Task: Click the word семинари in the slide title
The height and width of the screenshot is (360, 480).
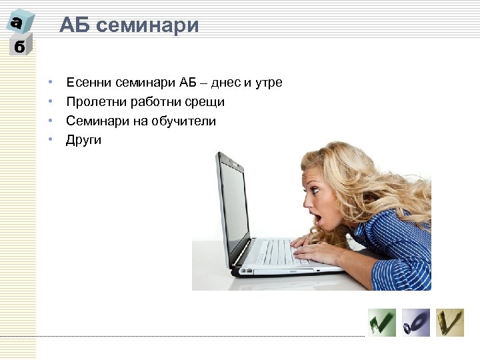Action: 149,25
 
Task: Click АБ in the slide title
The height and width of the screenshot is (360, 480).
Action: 75,25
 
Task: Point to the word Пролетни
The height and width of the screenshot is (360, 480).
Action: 92,102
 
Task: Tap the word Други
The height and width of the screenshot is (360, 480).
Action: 83,141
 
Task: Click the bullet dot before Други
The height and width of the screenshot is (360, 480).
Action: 50,141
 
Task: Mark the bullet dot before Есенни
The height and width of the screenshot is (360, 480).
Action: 50,83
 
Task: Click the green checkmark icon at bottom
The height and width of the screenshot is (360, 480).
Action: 382,323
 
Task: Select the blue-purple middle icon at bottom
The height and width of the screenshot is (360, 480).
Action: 416,323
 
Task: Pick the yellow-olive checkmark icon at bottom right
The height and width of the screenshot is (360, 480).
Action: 450,323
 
